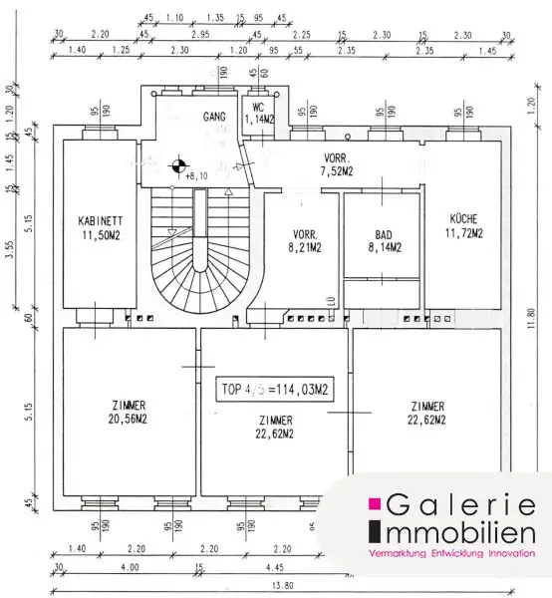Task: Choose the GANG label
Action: point(214,117)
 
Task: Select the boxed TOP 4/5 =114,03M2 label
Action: point(275,392)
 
